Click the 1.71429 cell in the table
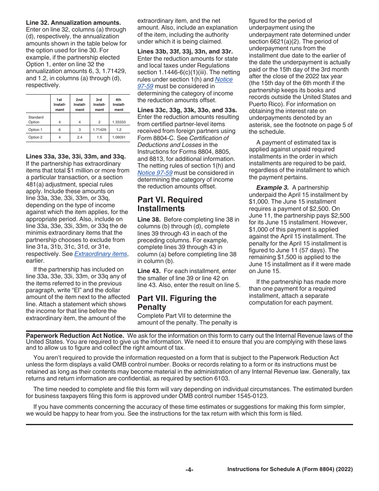(x=99, y=130)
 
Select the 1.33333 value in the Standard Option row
(x=118, y=122)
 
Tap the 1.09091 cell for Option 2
(x=118, y=137)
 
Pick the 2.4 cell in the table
(x=80, y=137)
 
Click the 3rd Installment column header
(x=99, y=105)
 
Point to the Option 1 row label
(x=35, y=130)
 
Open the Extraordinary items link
(x=101, y=254)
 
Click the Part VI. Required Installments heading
(x=170, y=204)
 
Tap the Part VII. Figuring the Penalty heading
(x=177, y=303)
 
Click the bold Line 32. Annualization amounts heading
(x=73, y=23)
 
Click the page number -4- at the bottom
(x=189, y=470)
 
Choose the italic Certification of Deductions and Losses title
(x=183, y=141)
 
